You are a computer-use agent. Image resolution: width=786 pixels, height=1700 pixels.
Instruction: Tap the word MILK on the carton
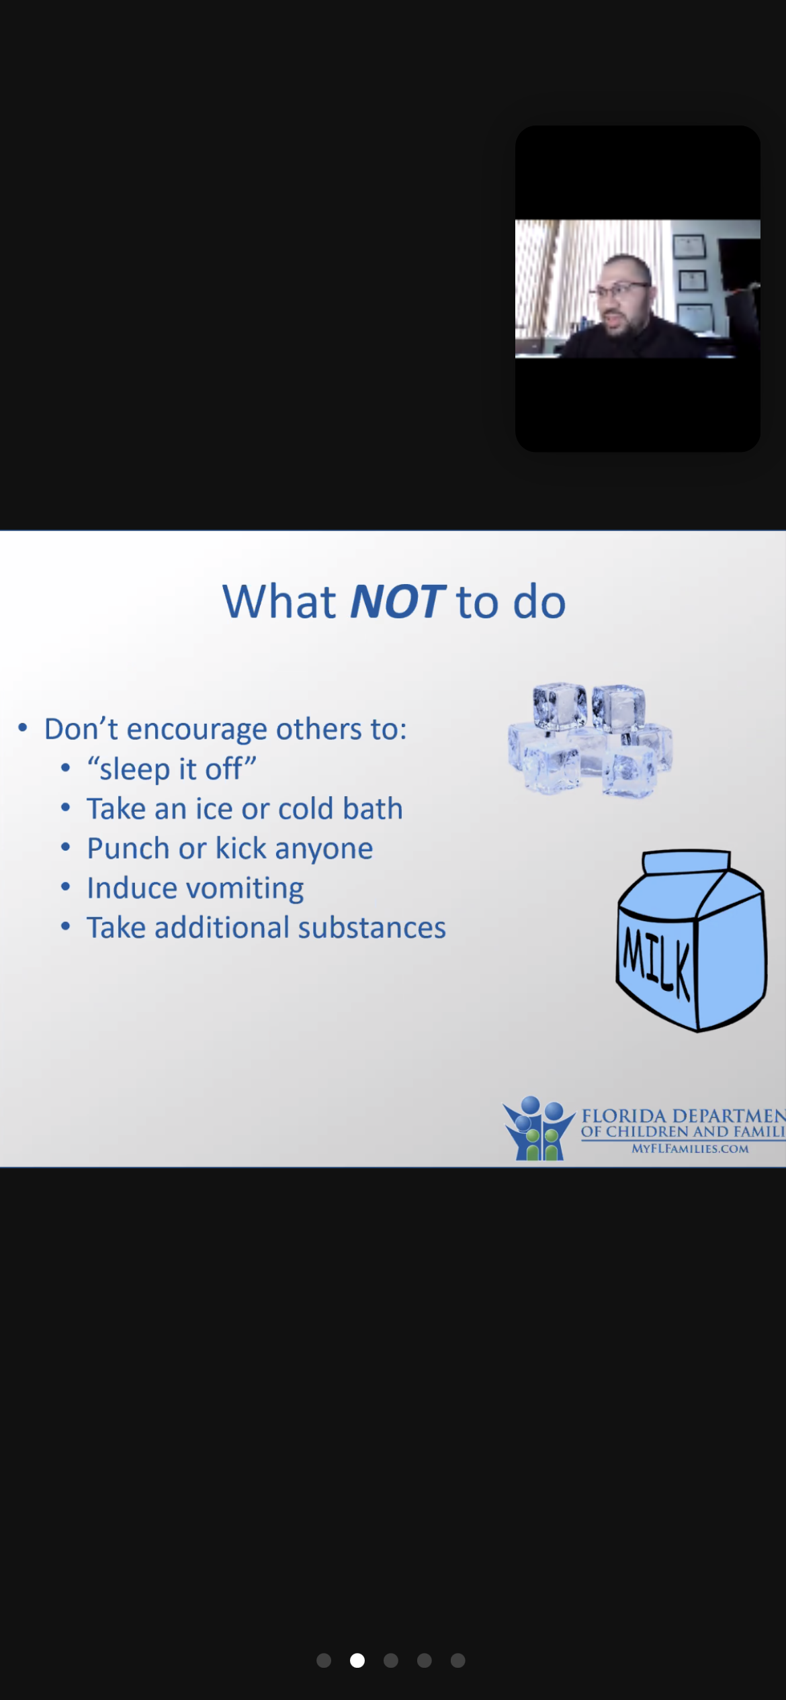[657, 962]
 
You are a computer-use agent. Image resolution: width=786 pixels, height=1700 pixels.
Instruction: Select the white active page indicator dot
[357, 1660]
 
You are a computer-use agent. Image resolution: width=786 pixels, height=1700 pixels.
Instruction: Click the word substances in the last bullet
[372, 928]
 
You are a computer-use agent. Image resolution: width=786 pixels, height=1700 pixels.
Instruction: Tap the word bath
[373, 808]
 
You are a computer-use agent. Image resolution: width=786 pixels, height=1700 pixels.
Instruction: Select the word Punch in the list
[128, 849]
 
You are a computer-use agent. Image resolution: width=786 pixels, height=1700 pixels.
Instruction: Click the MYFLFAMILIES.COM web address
[690, 1149]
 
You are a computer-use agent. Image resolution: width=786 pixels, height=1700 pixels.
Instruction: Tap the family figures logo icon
[539, 1128]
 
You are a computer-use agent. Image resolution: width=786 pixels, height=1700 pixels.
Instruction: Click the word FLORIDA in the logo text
[623, 1116]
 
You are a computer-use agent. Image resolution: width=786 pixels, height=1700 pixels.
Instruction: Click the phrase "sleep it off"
[172, 769]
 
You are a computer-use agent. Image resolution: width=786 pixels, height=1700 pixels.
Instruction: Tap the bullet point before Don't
[23, 728]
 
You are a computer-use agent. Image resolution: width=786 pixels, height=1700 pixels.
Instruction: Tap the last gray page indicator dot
[458, 1660]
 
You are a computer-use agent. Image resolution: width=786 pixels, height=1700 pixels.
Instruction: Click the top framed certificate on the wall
[689, 246]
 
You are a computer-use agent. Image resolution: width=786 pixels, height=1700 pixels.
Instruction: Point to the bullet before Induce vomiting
[65, 887]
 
